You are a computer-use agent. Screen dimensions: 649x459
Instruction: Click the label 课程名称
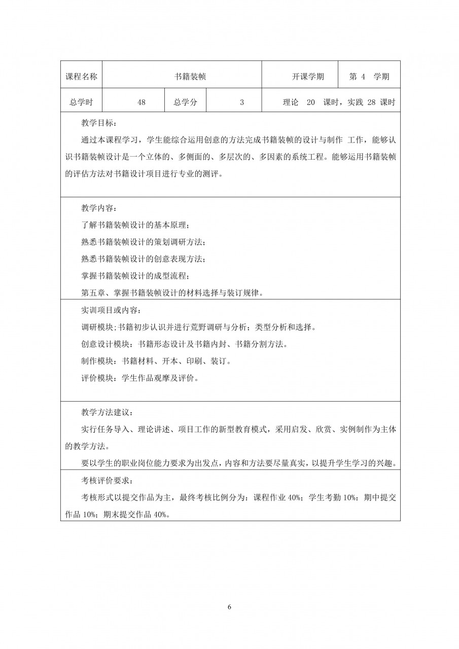(x=81, y=77)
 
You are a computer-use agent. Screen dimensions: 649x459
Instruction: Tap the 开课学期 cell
(x=308, y=77)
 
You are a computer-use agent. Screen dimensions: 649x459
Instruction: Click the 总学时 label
(x=81, y=102)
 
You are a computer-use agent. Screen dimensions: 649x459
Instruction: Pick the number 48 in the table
(x=142, y=102)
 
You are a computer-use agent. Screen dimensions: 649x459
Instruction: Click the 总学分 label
(x=186, y=102)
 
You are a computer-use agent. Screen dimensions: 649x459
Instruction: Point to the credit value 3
(x=242, y=102)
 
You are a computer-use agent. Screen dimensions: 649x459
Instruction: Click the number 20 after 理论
(x=311, y=102)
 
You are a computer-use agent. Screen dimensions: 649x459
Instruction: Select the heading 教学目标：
(x=99, y=123)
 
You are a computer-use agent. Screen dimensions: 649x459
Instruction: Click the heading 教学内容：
(x=99, y=208)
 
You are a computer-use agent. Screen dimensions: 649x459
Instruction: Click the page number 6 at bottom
(x=230, y=607)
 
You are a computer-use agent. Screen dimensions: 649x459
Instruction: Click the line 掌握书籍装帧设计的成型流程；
(x=135, y=276)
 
